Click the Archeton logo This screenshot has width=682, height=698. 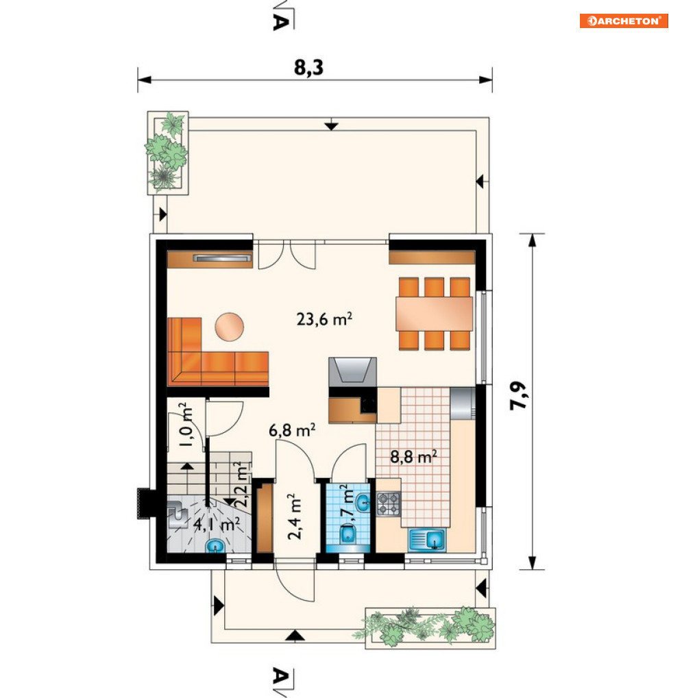point(623,21)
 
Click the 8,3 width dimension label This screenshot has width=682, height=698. point(308,68)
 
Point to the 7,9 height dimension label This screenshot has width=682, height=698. point(518,396)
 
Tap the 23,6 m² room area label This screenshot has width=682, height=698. point(324,319)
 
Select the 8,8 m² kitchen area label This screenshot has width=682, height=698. point(413,457)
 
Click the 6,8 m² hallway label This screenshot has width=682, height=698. point(292,430)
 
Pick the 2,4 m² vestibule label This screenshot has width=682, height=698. point(294,516)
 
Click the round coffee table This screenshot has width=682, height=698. point(230,326)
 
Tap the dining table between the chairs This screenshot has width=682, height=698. point(434,314)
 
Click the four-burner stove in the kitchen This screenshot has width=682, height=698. point(389,504)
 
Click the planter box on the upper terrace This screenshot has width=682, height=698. point(168,153)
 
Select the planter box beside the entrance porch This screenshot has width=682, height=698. point(430,628)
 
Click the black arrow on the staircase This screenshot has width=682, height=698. point(187,466)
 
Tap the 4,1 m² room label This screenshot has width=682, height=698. point(217,524)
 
